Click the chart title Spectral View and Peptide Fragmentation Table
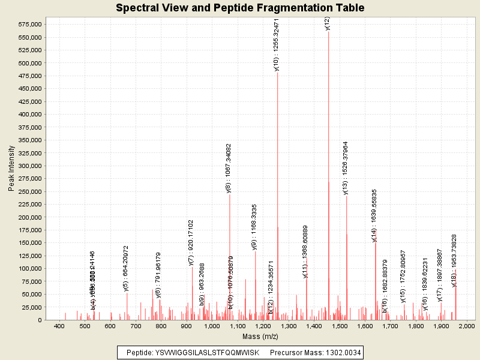click(x=240, y=8)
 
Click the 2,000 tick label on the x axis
click(x=466, y=326)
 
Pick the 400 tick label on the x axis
click(x=59, y=326)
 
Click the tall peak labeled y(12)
click(x=328, y=180)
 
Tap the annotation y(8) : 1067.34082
click(x=229, y=167)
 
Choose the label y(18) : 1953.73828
click(x=454, y=260)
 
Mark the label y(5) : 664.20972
click(x=126, y=268)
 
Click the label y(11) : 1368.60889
click(x=305, y=251)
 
